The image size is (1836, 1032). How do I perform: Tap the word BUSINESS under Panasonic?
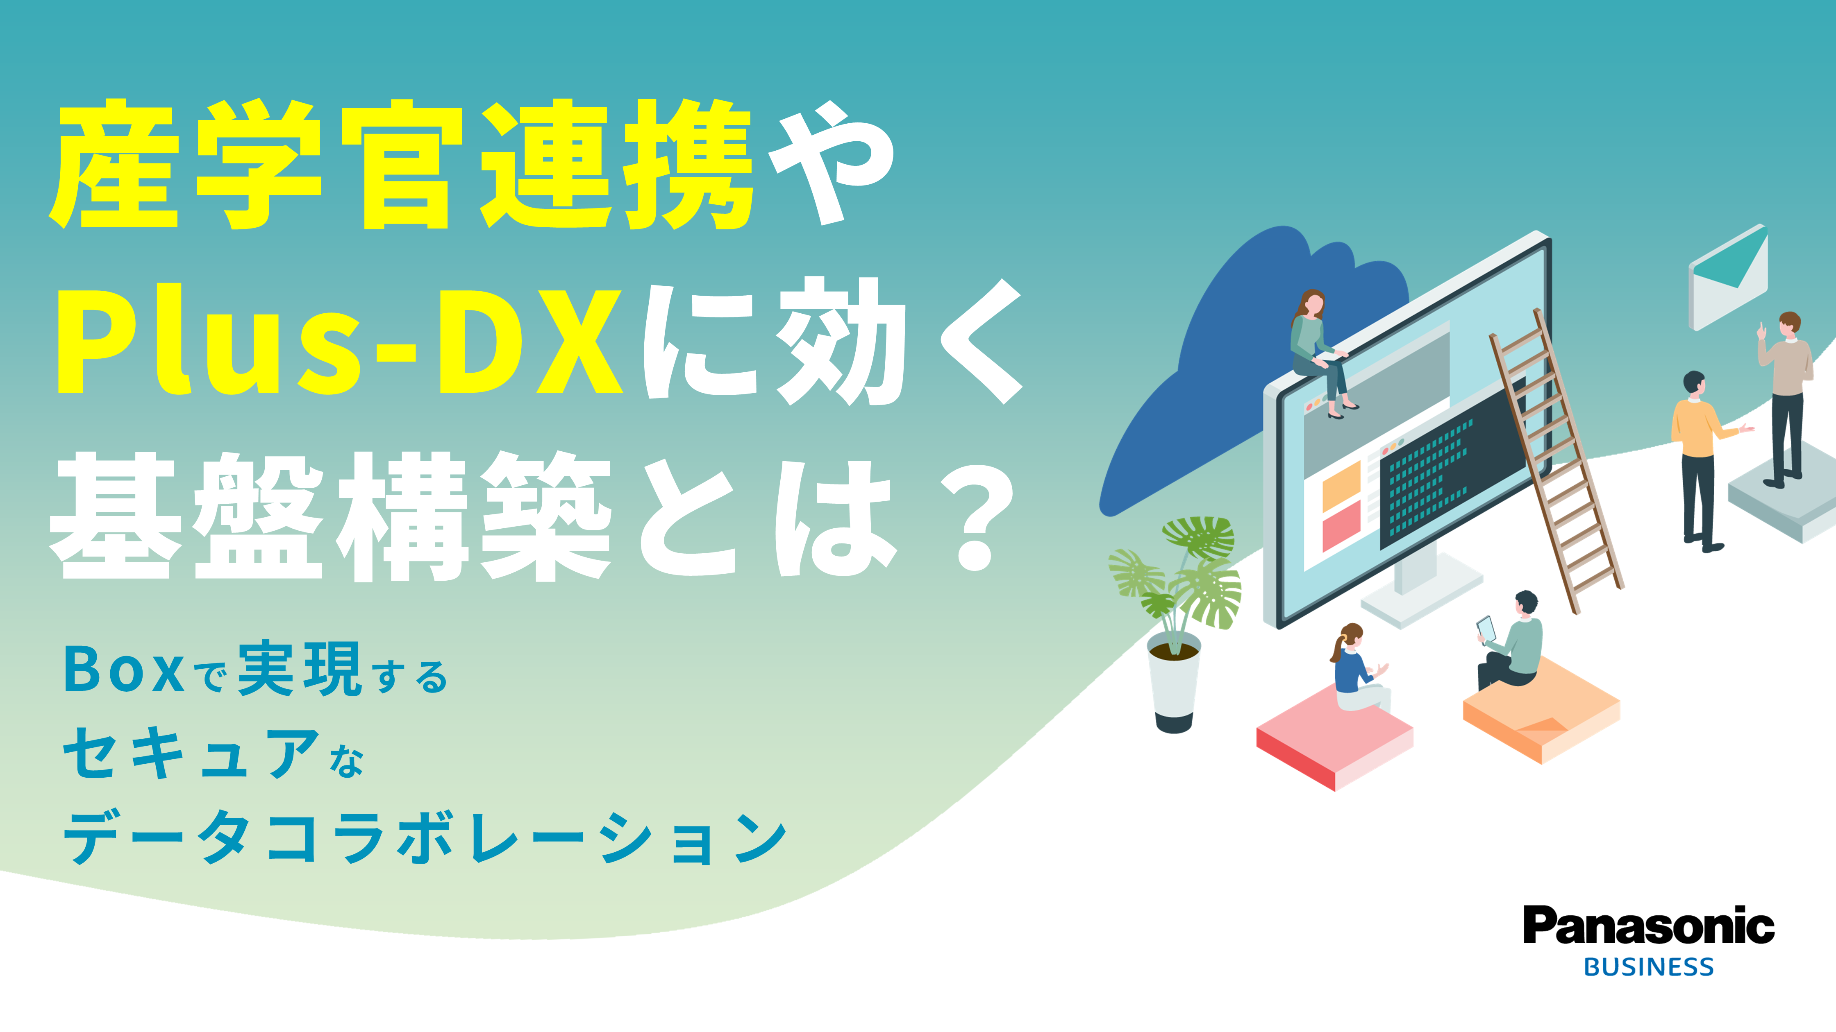click(1649, 967)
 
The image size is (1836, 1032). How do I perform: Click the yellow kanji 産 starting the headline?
click(114, 164)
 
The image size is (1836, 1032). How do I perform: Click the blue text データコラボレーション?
click(425, 838)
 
